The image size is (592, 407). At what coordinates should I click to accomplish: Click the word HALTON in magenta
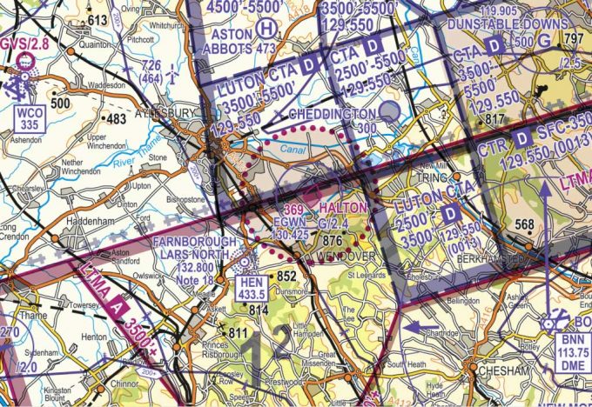click(x=342, y=210)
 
